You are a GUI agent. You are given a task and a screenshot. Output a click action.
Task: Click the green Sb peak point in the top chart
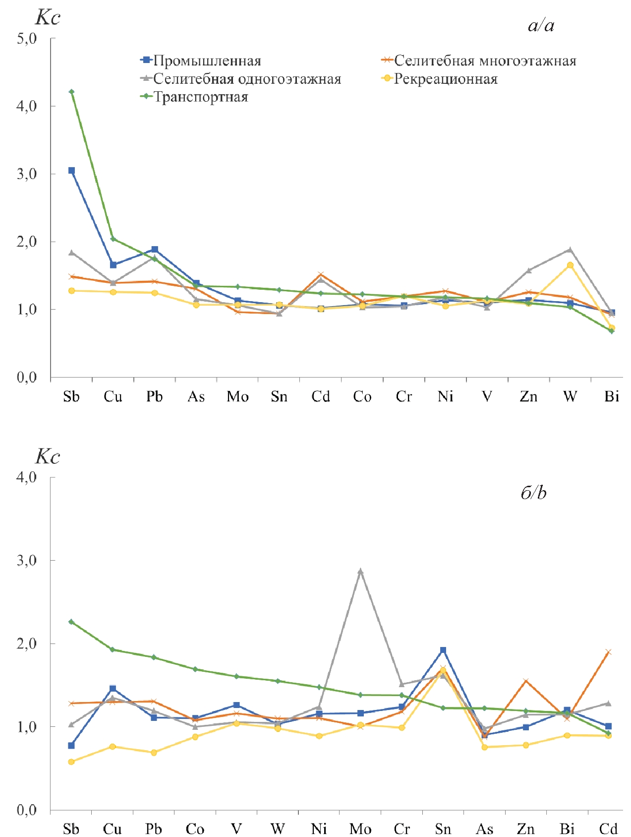(x=71, y=92)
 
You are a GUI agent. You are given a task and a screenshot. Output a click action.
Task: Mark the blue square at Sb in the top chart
(x=71, y=171)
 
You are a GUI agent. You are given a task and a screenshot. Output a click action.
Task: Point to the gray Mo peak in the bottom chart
(x=360, y=571)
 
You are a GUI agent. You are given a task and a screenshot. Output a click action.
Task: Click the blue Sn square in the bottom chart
(x=443, y=650)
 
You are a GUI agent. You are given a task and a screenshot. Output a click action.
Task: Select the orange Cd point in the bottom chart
(x=608, y=652)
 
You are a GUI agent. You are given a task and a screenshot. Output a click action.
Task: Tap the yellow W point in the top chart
(x=570, y=265)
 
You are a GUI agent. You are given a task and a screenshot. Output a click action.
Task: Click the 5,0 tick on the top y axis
(x=27, y=39)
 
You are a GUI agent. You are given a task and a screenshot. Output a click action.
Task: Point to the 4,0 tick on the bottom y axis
(x=27, y=477)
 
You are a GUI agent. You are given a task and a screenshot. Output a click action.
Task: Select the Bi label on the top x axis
(x=612, y=396)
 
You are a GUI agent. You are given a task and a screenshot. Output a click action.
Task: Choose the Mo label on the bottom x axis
(x=360, y=829)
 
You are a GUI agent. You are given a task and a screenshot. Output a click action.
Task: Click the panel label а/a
(x=541, y=26)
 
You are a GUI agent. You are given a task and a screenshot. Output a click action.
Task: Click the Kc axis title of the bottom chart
(x=48, y=456)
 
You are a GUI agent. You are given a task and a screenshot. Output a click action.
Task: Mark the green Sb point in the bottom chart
(x=71, y=622)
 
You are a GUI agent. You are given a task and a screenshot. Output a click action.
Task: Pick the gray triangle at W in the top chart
(x=570, y=250)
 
